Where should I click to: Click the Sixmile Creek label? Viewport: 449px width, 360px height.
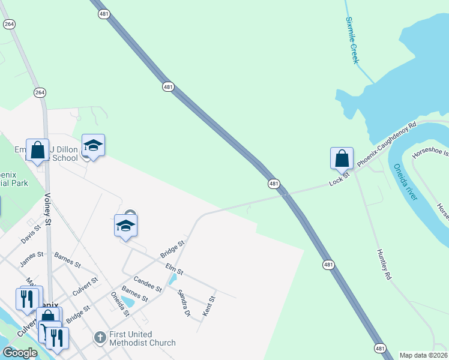pos(352,40)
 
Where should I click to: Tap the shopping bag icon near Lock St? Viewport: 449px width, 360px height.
pos(342,159)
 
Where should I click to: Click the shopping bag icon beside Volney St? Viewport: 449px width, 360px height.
pos(38,150)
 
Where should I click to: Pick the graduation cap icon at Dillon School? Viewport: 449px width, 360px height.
pos(93,145)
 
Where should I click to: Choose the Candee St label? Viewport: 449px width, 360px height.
pos(148,285)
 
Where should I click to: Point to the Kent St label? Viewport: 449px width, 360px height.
pos(208,305)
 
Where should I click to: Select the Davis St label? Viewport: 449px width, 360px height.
pos(31,233)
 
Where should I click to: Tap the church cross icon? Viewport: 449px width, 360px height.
pos(100,338)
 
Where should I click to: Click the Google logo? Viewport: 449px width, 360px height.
pos(20,353)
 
